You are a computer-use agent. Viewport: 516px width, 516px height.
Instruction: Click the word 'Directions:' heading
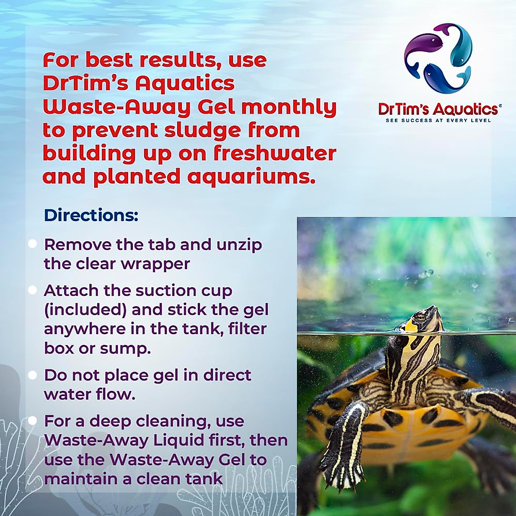[x=91, y=215]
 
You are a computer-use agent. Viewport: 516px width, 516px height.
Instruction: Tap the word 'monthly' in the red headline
[x=289, y=107]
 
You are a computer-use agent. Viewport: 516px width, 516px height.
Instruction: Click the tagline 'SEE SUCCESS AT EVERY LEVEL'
[x=438, y=120]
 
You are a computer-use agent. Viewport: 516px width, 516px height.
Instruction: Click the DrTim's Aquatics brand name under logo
[x=438, y=109]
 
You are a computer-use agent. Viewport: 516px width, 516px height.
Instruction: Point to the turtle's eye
[x=420, y=316]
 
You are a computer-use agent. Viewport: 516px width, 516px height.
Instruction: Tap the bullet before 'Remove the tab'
[x=32, y=244]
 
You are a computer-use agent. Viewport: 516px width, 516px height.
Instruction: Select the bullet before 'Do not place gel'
[x=32, y=375]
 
